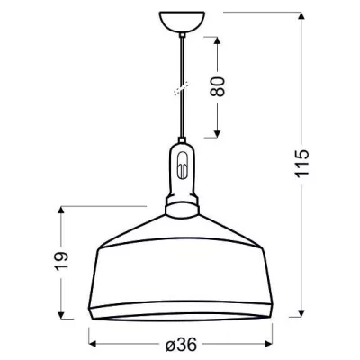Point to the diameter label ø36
click(181, 342)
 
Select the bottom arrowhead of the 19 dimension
click(62, 319)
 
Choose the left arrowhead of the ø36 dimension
click(93, 342)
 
